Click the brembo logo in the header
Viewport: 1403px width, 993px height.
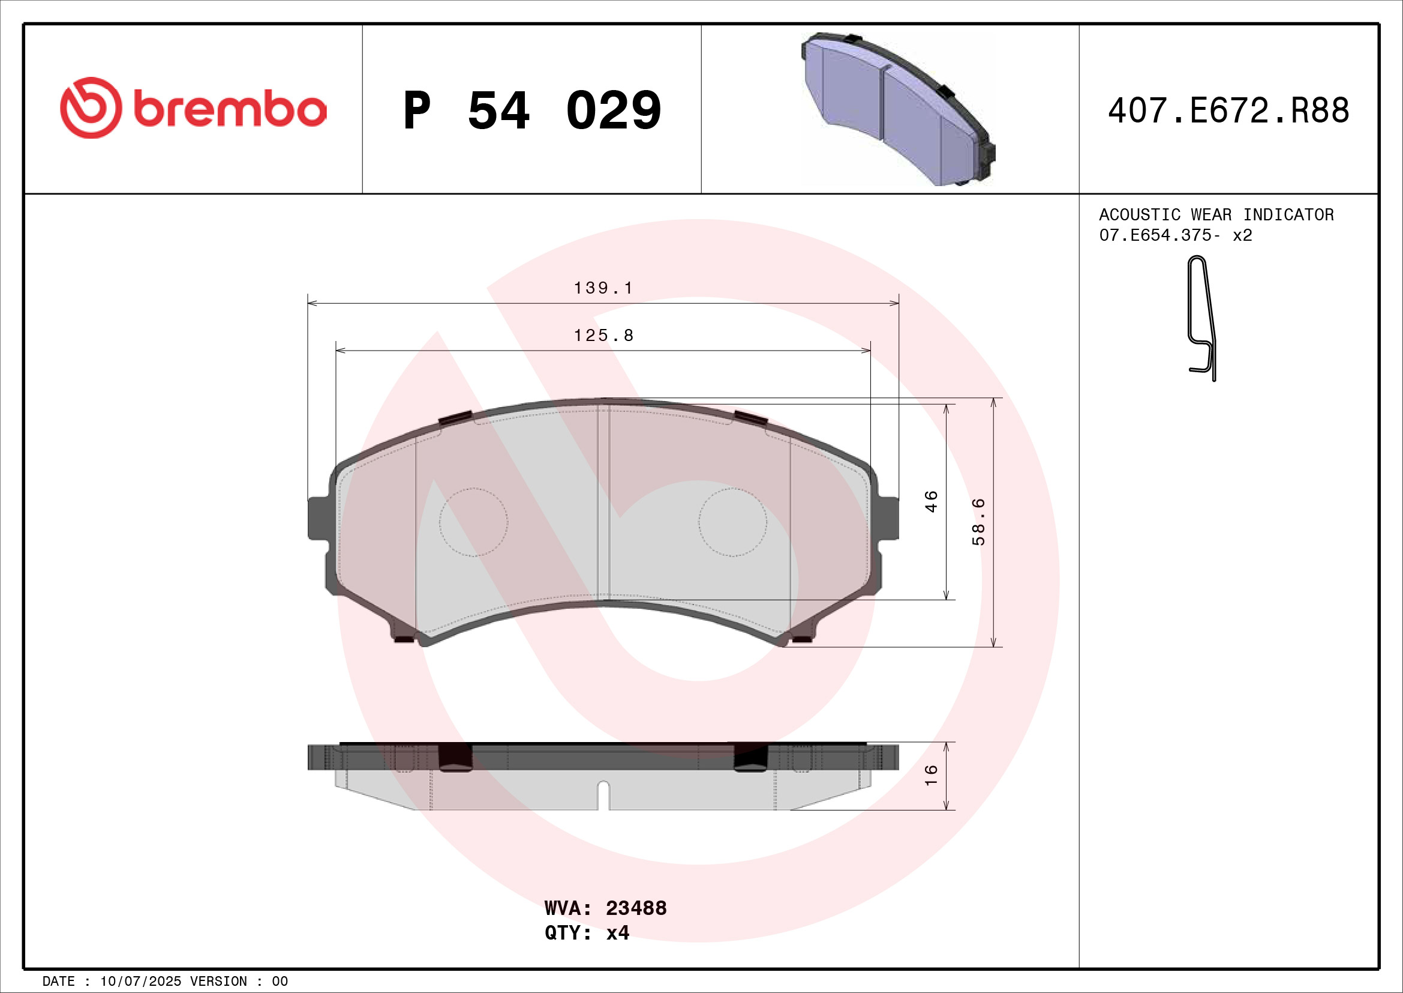(x=193, y=108)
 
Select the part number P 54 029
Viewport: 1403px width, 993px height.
(x=531, y=110)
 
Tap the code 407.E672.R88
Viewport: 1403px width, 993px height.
(x=1228, y=110)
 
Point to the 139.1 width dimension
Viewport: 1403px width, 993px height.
(x=603, y=288)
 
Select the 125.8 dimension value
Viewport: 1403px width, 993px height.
(x=603, y=336)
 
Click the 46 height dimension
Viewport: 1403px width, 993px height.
(x=930, y=501)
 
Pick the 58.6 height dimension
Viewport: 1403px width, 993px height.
(x=978, y=522)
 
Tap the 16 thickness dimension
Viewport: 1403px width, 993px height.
(x=930, y=775)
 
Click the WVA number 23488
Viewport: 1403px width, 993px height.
(x=635, y=908)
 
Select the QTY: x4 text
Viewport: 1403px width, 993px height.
(x=587, y=933)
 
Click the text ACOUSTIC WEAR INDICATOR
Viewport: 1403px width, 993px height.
(x=1216, y=214)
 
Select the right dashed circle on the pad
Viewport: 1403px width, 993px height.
(x=732, y=522)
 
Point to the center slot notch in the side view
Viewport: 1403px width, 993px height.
(x=603, y=794)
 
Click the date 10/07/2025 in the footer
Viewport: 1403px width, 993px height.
(x=140, y=982)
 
